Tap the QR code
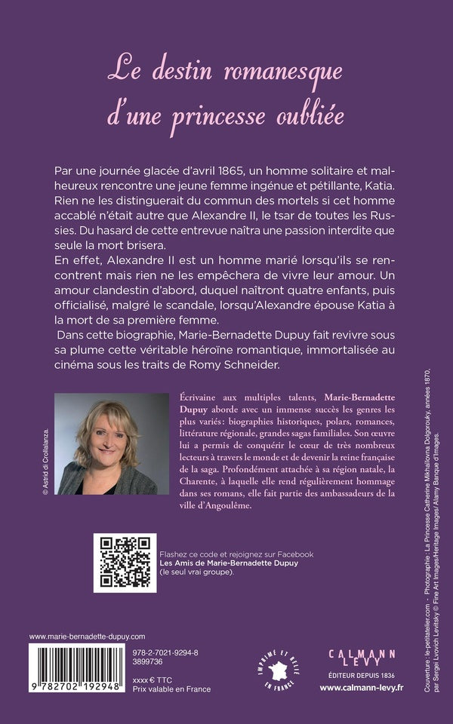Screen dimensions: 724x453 [125, 563]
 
